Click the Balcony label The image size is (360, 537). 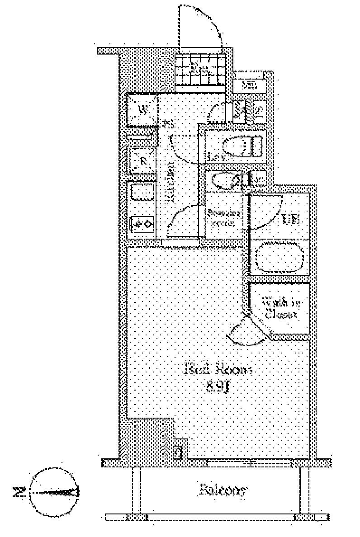click(223, 490)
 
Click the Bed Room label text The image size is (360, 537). click(218, 369)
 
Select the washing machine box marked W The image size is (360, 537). click(142, 109)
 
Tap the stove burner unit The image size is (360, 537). click(142, 223)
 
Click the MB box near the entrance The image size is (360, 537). click(248, 85)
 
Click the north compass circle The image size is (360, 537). click(52, 492)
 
